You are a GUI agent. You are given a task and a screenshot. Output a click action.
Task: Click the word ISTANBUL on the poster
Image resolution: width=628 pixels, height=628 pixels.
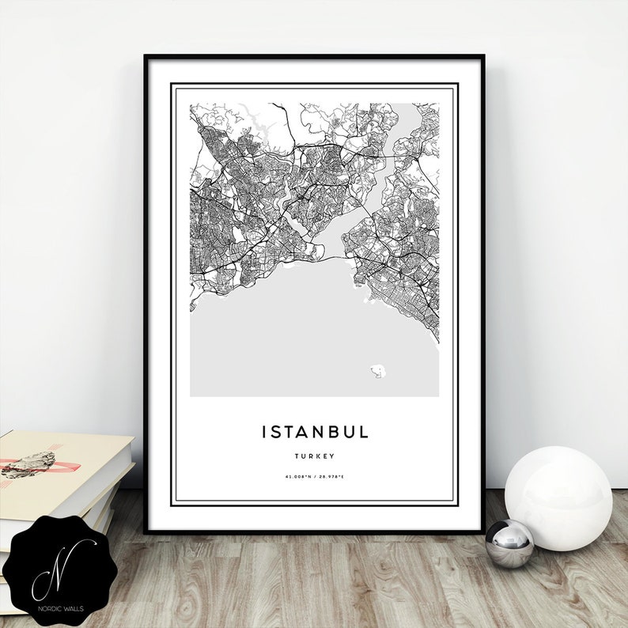tap(315, 432)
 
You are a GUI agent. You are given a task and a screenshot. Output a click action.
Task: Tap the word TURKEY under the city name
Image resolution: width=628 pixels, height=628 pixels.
tap(315, 456)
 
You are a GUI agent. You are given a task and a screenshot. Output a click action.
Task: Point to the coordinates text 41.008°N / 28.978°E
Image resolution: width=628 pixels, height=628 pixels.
tap(315, 476)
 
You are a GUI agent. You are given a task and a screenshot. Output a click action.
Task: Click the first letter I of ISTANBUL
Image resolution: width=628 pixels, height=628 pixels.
tap(264, 432)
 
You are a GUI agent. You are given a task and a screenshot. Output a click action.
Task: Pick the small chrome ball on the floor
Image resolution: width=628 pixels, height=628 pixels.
tap(509, 543)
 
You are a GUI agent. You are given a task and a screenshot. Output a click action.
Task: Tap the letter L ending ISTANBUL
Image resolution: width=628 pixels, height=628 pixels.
tap(364, 432)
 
